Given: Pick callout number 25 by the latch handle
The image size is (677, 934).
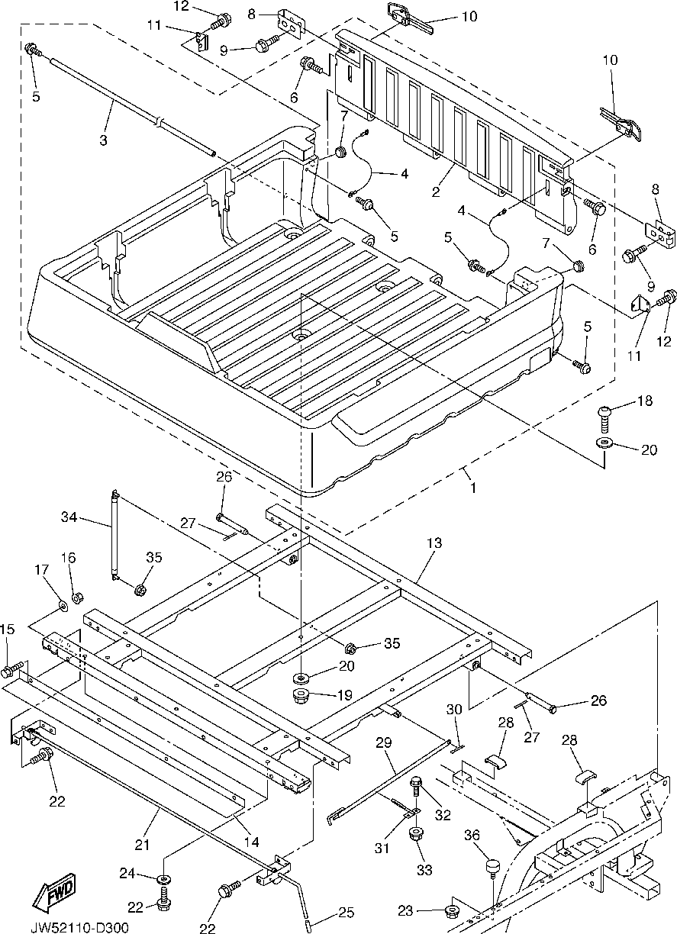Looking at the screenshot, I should coord(347,912).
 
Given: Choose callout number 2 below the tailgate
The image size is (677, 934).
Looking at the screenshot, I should coord(436,192).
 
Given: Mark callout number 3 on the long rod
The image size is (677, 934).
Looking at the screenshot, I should coord(103,140).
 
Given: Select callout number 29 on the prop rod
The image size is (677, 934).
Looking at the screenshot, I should coord(383,742).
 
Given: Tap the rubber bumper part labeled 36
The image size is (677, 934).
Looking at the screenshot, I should coord(492,868).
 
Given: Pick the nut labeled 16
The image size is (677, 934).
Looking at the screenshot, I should coord(76,595).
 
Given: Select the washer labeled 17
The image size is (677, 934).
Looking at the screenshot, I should coord(61,606).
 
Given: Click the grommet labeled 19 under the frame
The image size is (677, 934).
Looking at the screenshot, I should coord(301,696).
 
